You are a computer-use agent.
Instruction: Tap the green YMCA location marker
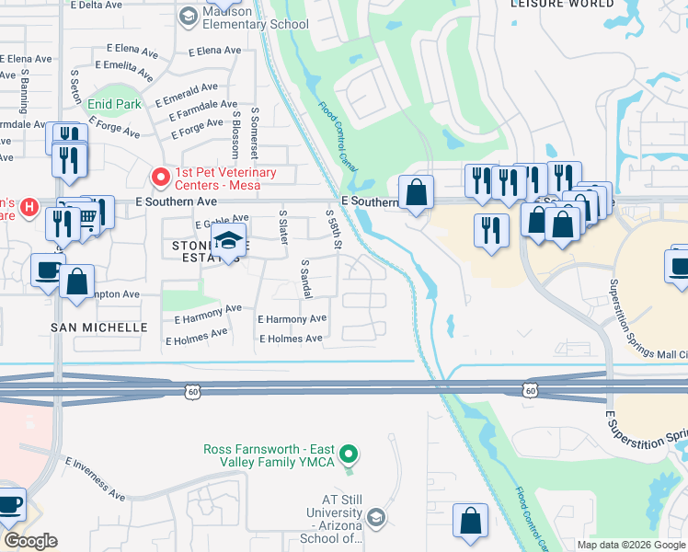pyautogui.click(x=348, y=453)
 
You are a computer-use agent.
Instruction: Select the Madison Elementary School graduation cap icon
pyautogui.click(x=189, y=16)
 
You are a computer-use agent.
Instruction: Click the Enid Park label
pyautogui.click(x=115, y=104)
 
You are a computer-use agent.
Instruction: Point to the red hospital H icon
pyautogui.click(x=29, y=207)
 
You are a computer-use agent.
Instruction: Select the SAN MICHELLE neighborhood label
pyautogui.click(x=98, y=328)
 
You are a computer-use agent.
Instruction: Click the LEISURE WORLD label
pyautogui.click(x=562, y=5)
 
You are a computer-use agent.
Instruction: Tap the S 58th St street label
pyautogui.click(x=335, y=230)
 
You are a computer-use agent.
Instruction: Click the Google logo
pyautogui.click(x=30, y=541)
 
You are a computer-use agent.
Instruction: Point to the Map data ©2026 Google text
pyautogui.click(x=630, y=545)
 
